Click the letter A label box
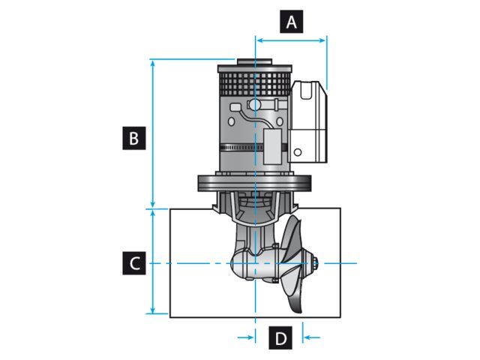[x=292, y=22]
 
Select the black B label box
[x=133, y=138]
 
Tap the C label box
[x=133, y=264]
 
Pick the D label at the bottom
[x=280, y=338]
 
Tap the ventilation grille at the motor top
[x=254, y=79]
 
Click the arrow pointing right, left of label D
[x=248, y=338]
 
